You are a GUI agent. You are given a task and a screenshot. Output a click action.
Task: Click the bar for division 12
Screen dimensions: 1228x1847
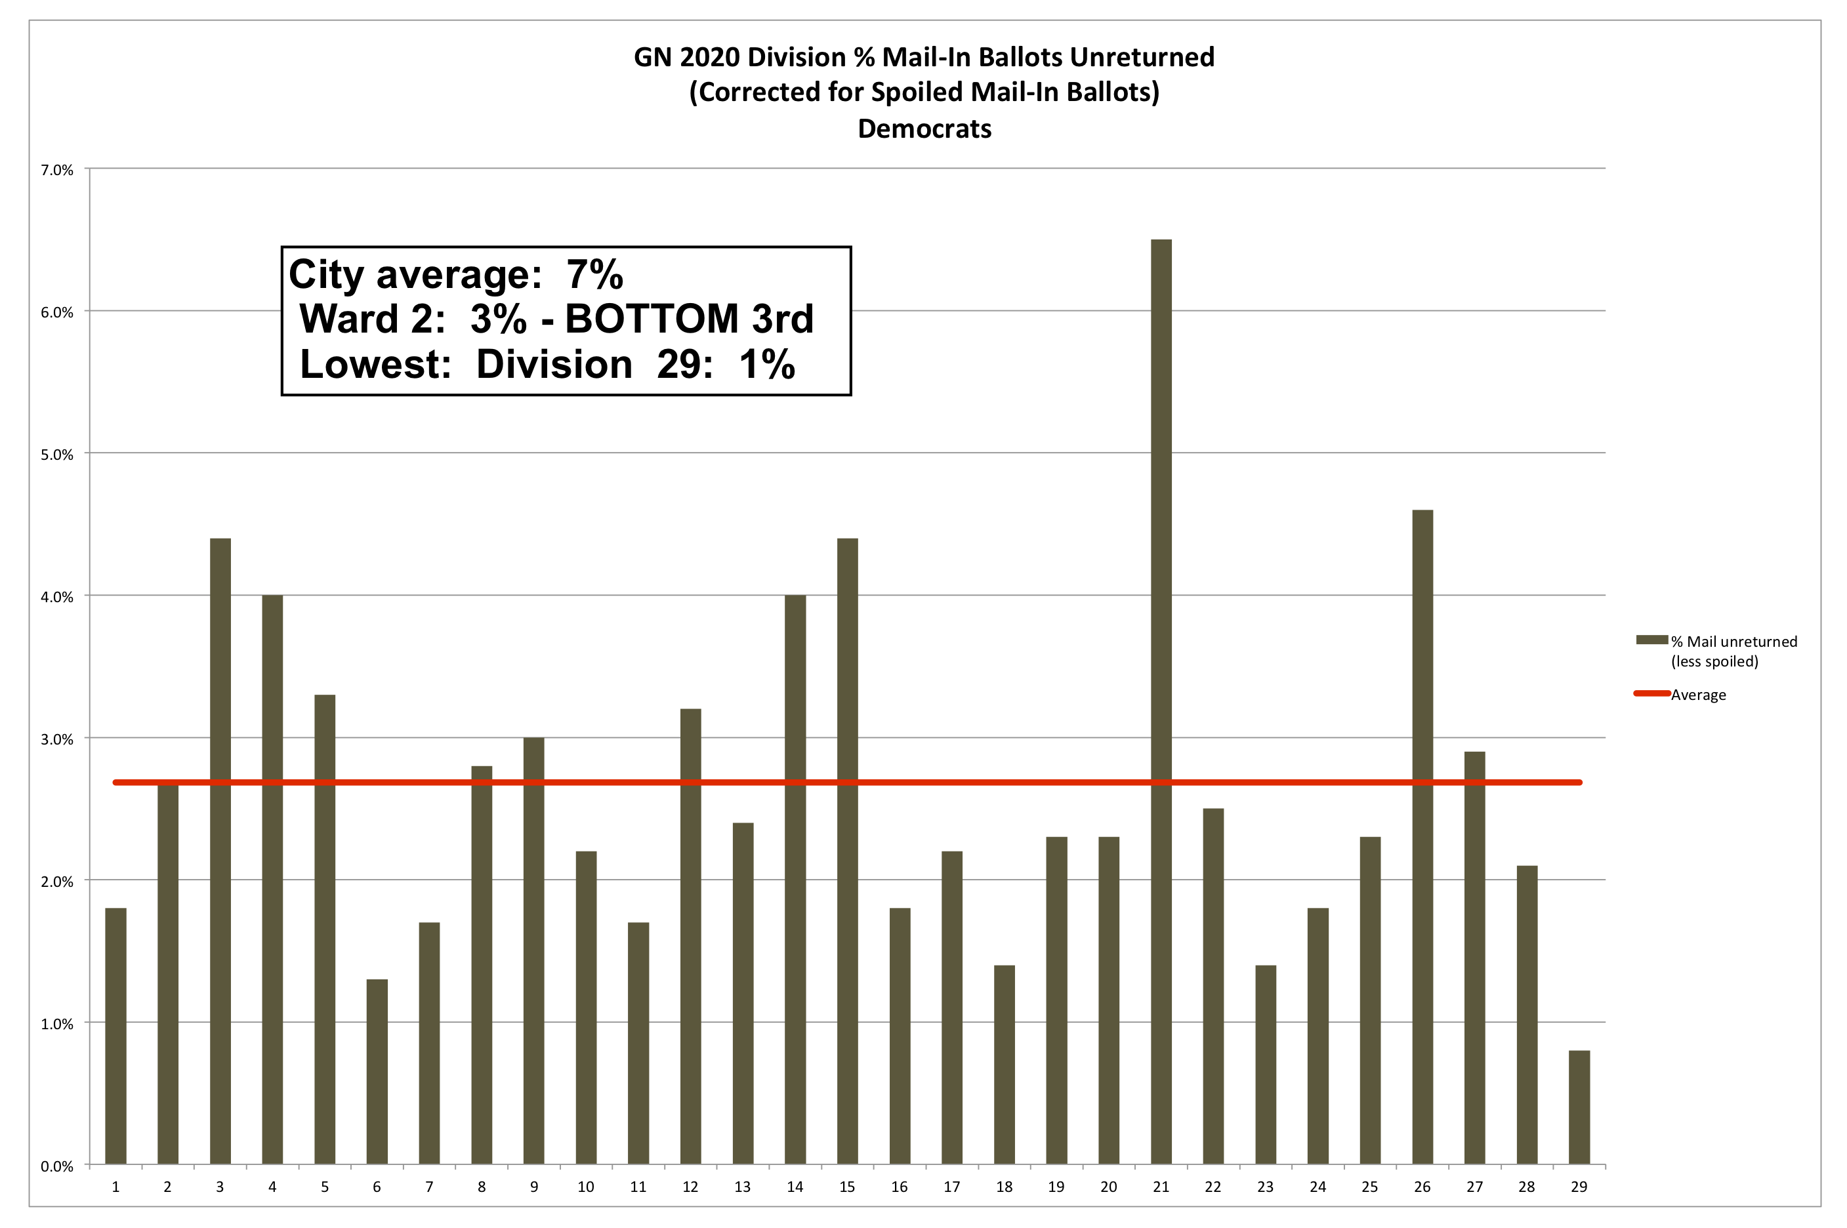pos(690,936)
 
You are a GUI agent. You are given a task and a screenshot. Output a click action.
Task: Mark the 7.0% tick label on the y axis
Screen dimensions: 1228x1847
pos(57,170)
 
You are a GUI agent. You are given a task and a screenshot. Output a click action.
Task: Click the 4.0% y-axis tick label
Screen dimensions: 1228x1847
pos(57,597)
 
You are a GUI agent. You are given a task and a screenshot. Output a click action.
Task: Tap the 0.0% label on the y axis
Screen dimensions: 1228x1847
pos(57,1166)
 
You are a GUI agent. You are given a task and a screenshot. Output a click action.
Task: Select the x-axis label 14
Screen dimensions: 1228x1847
pos(795,1187)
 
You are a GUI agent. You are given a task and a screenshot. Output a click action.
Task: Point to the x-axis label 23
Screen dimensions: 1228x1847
pos(1265,1187)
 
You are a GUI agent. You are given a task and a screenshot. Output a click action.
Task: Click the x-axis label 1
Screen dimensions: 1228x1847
pos(115,1187)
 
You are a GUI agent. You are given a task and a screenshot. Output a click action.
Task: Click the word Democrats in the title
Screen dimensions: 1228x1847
pos(924,129)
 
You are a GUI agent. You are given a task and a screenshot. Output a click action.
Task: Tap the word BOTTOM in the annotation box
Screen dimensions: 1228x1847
pos(652,319)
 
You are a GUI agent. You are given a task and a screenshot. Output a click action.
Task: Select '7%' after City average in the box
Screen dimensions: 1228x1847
pos(594,274)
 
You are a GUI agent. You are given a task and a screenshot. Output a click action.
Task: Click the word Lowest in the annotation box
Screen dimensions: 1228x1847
pos(375,364)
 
